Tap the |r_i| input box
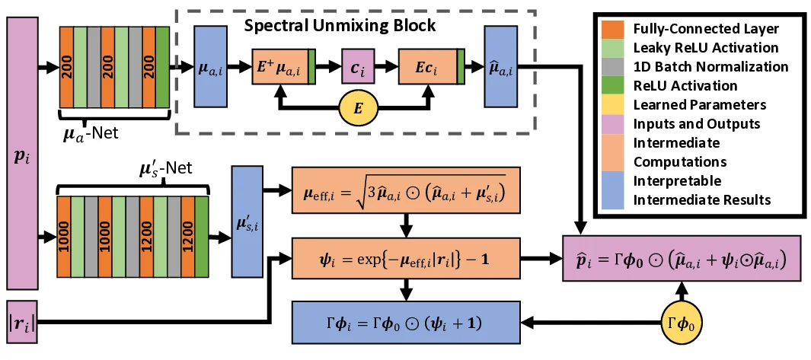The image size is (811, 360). coord(24,324)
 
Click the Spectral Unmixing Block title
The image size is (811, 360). coord(339,26)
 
